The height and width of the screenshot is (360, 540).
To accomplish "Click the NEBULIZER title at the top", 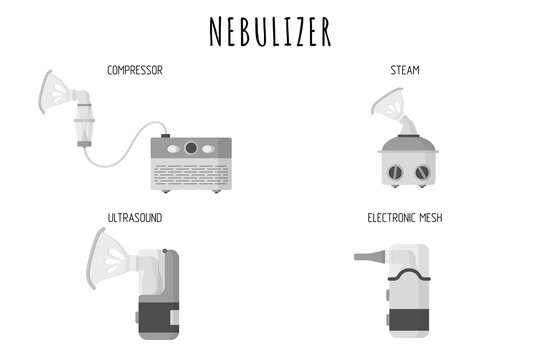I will (269, 31).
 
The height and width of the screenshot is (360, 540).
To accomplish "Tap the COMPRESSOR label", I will (135, 70).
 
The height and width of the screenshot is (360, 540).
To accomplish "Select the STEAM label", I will (404, 70).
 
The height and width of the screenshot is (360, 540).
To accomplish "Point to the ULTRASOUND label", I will (135, 216).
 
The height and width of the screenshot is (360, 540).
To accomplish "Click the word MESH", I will (427, 216).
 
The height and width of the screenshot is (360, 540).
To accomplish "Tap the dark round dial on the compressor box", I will (191, 148).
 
